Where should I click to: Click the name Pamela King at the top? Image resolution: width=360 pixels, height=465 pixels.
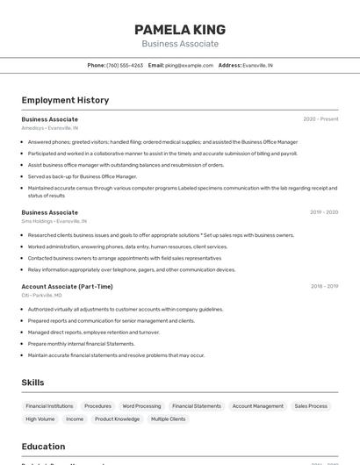pyautogui.click(x=180, y=29)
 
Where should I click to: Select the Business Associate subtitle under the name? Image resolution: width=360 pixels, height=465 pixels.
pyautogui.click(x=180, y=44)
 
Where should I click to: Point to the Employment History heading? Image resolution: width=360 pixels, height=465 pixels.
pyautogui.click(x=65, y=100)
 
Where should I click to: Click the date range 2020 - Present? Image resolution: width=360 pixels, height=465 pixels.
pyautogui.click(x=320, y=119)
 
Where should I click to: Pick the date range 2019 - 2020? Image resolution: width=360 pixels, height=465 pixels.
pyautogui.click(x=324, y=212)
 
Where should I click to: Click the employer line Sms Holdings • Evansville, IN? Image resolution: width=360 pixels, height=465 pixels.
pyautogui.click(x=54, y=221)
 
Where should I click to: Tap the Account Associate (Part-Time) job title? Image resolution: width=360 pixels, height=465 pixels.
pyautogui.click(x=67, y=286)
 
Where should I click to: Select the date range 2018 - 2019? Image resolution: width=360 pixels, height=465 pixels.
pyautogui.click(x=324, y=286)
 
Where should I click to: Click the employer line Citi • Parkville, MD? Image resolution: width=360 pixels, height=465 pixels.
pyautogui.click(x=42, y=296)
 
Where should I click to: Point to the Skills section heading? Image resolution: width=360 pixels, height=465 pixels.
pyautogui.click(x=32, y=383)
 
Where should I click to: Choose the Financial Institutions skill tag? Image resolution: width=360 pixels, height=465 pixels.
pyautogui.click(x=49, y=406)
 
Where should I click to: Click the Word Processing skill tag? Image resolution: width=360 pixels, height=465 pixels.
pyautogui.click(x=141, y=406)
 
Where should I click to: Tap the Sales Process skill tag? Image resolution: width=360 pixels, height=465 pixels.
pyautogui.click(x=311, y=406)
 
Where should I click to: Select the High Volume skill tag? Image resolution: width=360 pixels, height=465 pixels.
pyautogui.click(x=40, y=419)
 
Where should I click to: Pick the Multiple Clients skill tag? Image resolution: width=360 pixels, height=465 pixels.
pyautogui.click(x=168, y=419)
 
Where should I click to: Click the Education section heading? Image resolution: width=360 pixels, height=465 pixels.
pyautogui.click(x=43, y=447)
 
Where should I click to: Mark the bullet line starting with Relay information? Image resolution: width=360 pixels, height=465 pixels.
pyautogui.click(x=132, y=270)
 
